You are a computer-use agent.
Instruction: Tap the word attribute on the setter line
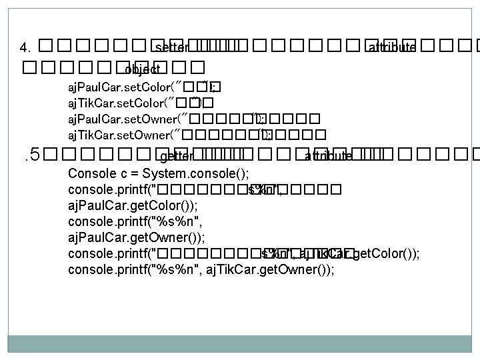392,48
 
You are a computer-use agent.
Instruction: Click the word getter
177,157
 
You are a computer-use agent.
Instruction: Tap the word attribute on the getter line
328,157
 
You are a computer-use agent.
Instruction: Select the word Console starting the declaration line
91,174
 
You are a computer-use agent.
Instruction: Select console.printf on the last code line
110,269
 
